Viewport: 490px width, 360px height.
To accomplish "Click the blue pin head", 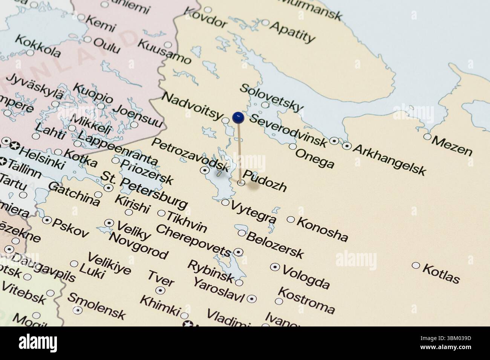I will click(238, 117).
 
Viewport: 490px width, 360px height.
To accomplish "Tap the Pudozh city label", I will click(265, 180).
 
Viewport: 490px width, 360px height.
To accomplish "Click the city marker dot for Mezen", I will click(427, 137).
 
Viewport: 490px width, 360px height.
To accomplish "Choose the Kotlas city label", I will click(441, 273).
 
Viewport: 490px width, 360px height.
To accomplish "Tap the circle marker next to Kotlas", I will click(416, 265).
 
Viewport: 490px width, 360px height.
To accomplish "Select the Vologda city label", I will click(306, 276).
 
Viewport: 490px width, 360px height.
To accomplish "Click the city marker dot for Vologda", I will click(275, 267).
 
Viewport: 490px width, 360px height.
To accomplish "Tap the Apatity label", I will click(292, 32).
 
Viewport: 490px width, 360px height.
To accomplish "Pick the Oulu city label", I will click(107, 46).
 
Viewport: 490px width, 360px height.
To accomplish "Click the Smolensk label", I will click(96, 305).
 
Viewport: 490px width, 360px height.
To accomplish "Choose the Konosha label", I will click(322, 229).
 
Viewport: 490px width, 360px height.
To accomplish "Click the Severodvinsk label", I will click(288, 130).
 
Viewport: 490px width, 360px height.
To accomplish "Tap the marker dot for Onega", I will click(292, 146).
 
